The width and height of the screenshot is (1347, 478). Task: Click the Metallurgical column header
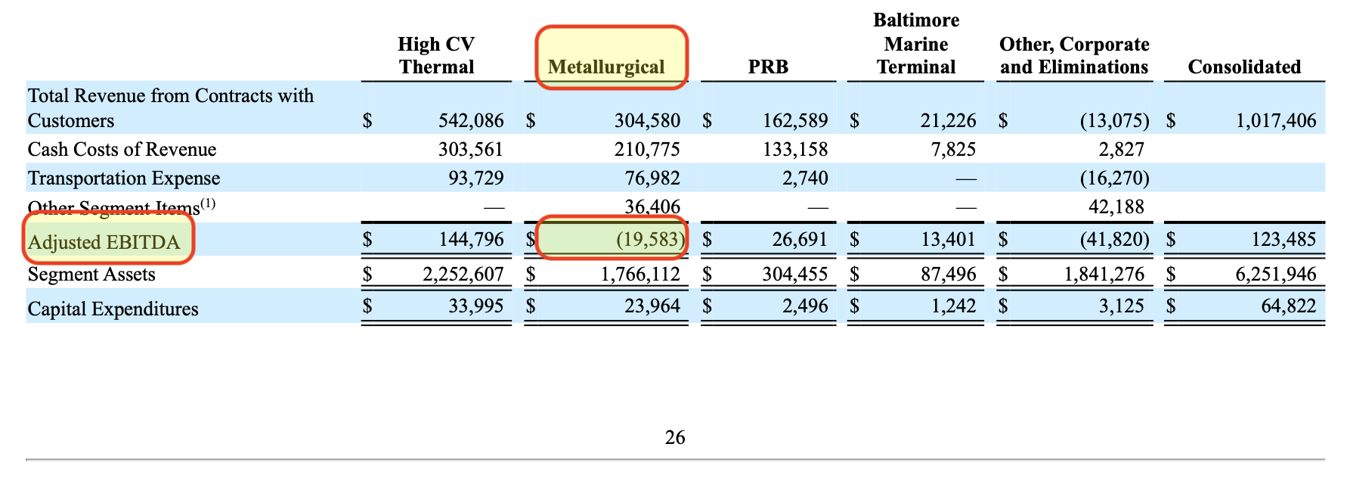(606, 67)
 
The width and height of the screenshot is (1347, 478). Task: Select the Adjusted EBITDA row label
(104, 242)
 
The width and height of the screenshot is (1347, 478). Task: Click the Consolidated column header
(1244, 67)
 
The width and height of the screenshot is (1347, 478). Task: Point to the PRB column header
(768, 67)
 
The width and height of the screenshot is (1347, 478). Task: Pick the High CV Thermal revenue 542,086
(470, 120)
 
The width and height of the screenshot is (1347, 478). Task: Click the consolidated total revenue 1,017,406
(1276, 120)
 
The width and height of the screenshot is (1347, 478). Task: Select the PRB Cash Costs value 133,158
(795, 149)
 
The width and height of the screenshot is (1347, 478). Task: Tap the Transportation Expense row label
(124, 178)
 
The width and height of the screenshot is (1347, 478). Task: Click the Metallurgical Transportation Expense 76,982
(647, 178)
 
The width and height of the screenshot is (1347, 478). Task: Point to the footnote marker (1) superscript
(208, 203)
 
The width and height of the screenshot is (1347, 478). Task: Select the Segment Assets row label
(91, 274)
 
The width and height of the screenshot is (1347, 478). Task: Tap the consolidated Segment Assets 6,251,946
(1276, 274)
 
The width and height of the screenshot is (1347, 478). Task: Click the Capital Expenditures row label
(113, 309)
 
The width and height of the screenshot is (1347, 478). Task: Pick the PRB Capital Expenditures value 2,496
(806, 306)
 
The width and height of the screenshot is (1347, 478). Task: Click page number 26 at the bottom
(675, 437)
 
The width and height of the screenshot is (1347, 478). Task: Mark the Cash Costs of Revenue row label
(122, 149)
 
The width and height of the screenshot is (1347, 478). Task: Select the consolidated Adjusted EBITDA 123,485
(1284, 240)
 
